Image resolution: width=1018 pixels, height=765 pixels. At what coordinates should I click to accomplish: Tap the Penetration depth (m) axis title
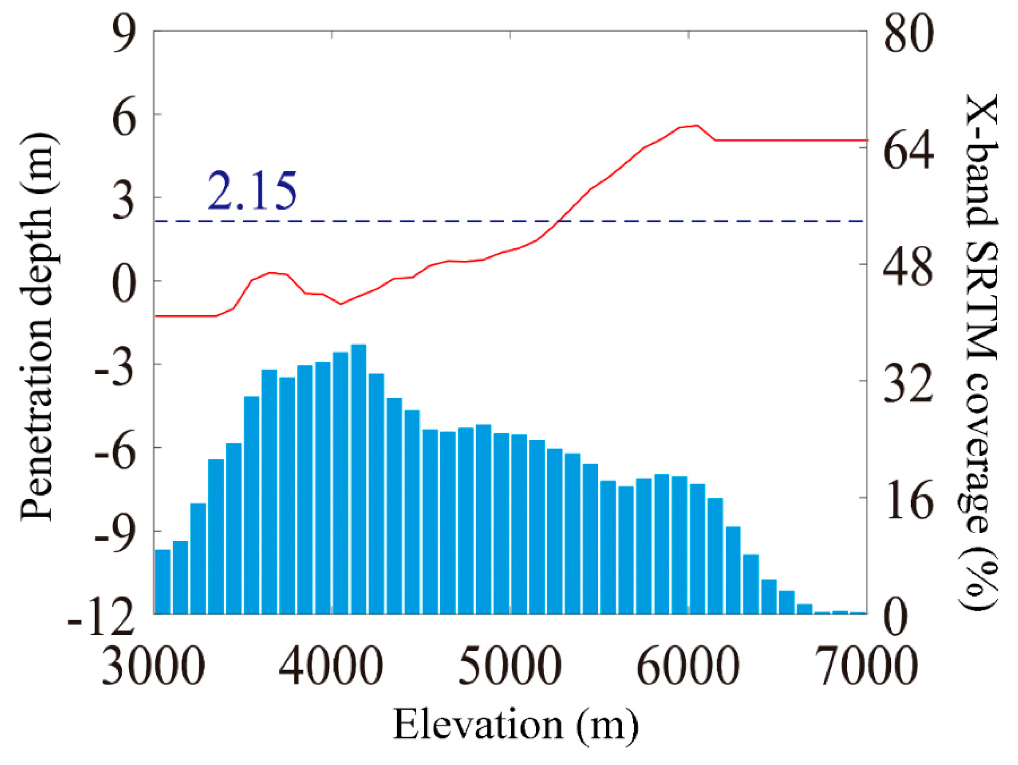[39, 327]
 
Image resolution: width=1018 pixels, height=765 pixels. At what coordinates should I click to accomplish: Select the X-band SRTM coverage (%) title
[980, 353]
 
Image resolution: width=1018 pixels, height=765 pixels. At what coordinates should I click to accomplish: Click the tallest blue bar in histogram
[358, 479]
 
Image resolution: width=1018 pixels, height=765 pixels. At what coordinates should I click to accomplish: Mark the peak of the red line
[697, 125]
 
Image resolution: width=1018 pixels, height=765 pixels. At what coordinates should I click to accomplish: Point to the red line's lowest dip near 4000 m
[340, 304]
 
